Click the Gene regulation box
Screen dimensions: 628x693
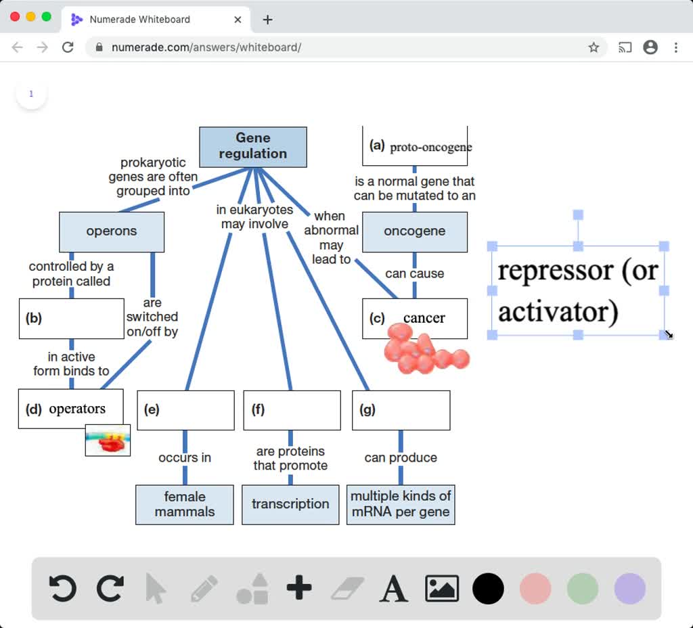[x=252, y=146]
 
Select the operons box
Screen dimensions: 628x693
[x=112, y=231]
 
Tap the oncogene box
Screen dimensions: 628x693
[x=414, y=231]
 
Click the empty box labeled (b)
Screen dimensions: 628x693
[x=72, y=318]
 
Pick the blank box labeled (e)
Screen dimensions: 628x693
[x=185, y=409]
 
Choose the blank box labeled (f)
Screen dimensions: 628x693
[x=292, y=409]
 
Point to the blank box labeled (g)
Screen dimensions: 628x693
[x=401, y=409]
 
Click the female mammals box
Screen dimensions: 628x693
[x=185, y=504]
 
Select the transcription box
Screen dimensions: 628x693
[x=290, y=504]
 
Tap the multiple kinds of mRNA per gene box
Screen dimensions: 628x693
[x=401, y=504]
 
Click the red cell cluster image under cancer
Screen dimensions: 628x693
[x=424, y=350]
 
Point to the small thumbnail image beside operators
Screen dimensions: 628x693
[x=108, y=440]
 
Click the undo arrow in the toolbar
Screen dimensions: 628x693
[x=63, y=588]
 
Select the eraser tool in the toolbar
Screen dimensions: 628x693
[x=347, y=588]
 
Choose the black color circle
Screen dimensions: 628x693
[x=488, y=588]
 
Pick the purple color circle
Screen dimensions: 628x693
[x=629, y=588]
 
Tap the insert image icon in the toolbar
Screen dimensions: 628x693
[x=441, y=588]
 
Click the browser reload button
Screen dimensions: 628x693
[x=68, y=47]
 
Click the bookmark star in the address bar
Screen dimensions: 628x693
[x=594, y=47]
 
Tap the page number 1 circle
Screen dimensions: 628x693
[x=31, y=94]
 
